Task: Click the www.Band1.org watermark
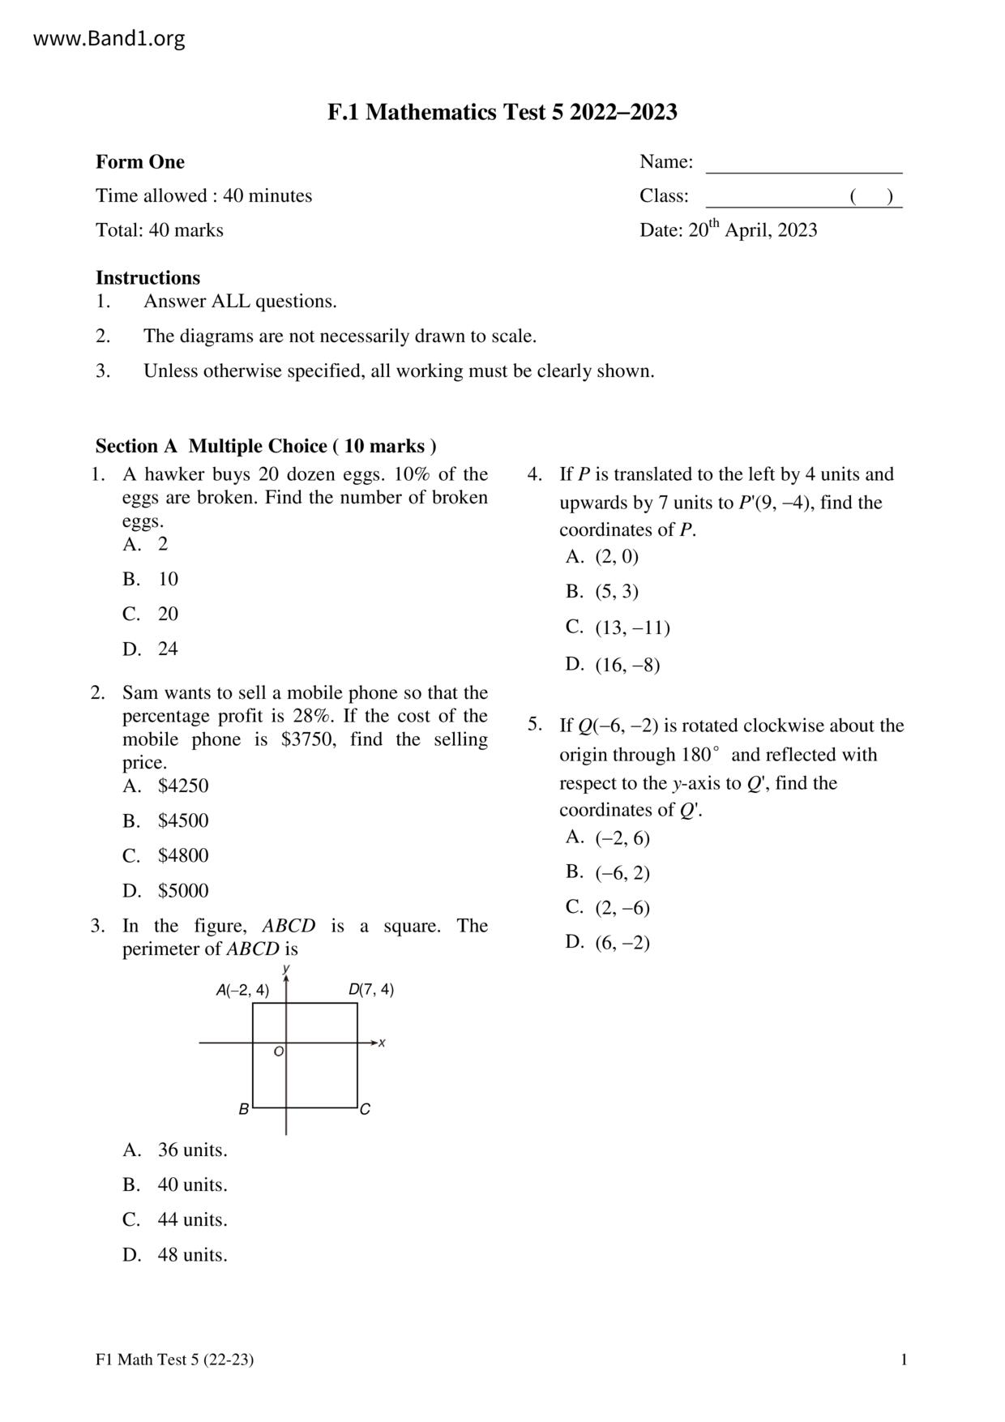click(x=109, y=39)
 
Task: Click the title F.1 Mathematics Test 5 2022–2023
click(x=502, y=112)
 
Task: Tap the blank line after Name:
click(x=803, y=164)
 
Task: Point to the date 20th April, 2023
click(x=752, y=230)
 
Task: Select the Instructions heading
click(x=148, y=278)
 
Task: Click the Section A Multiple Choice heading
click(x=266, y=446)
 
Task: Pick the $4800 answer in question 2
click(x=182, y=855)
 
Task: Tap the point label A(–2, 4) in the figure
click(x=242, y=990)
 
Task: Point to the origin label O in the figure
click(x=278, y=1052)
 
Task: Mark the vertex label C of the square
click(x=365, y=1109)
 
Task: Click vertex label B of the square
click(x=243, y=1109)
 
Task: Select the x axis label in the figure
click(x=382, y=1043)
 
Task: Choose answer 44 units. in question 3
click(x=192, y=1219)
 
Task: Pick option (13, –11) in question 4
click(x=632, y=627)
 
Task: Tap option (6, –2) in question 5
click(x=622, y=942)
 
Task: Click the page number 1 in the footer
click(x=904, y=1360)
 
